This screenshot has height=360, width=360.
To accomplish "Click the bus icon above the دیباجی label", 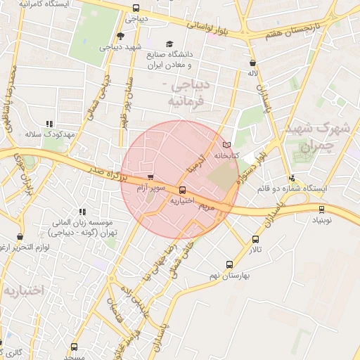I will click(135, 8).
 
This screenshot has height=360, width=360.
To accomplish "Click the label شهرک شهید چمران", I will click(314, 138).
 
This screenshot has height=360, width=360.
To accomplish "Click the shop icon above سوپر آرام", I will click(150, 176).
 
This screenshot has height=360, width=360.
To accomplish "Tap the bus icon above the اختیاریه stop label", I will click(183, 189).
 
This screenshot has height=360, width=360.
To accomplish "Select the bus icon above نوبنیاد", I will click(322, 208).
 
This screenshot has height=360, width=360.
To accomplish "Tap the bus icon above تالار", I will click(255, 239).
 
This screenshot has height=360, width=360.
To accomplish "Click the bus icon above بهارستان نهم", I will click(229, 264).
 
